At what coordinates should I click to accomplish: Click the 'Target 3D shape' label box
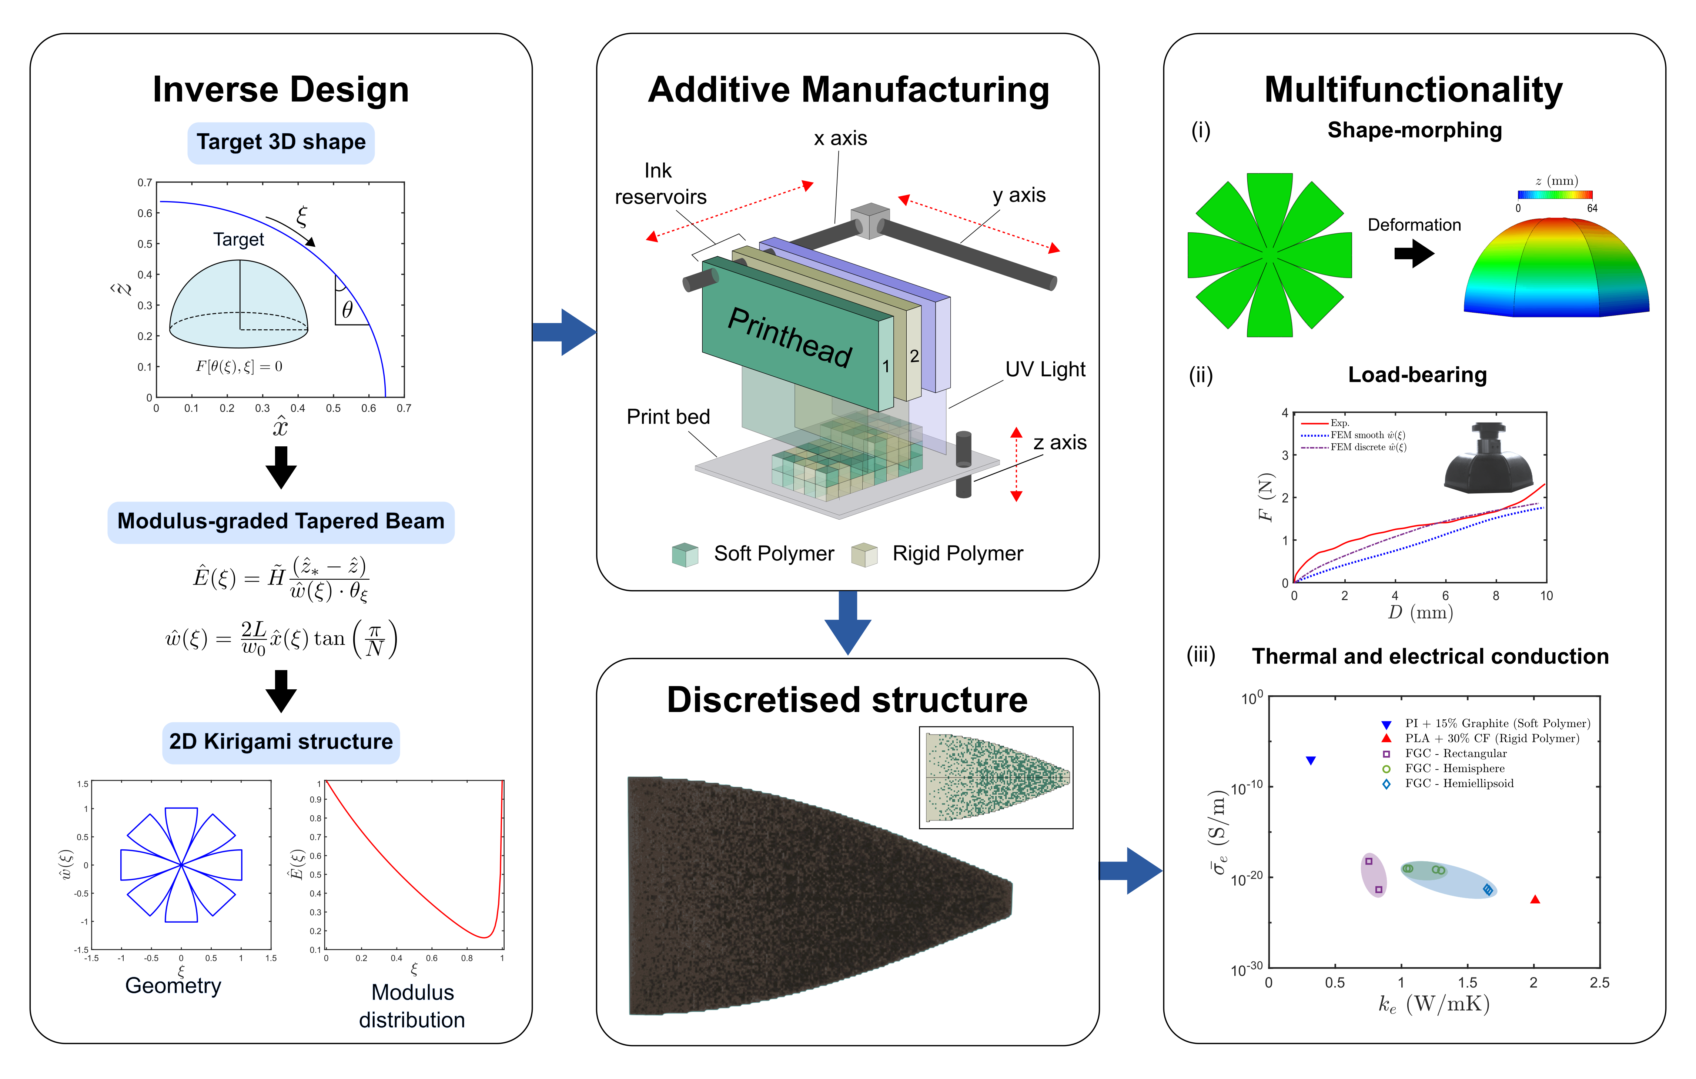[x=281, y=142]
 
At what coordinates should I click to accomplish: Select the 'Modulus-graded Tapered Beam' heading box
[x=281, y=522]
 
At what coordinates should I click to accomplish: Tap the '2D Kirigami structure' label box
[x=281, y=742]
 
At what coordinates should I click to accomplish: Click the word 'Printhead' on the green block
[x=790, y=337]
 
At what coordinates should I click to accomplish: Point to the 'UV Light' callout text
[x=1045, y=369]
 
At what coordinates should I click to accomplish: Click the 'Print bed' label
[x=668, y=416]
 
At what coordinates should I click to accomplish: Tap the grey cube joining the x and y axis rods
[x=870, y=221]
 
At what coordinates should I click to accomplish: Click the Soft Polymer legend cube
[x=685, y=555]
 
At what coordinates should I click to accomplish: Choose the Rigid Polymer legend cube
[x=864, y=555]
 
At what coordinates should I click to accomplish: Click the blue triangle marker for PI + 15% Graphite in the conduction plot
[x=1311, y=760]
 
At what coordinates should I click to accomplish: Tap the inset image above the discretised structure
[x=996, y=777]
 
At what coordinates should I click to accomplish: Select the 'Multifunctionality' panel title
[x=1414, y=90]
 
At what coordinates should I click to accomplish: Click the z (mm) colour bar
[x=1555, y=194]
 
